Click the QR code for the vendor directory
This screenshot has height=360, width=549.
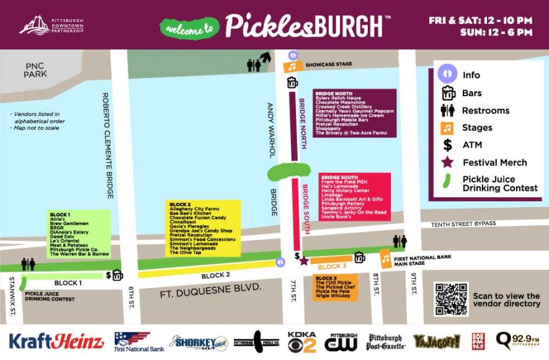pyautogui.click(x=451, y=299)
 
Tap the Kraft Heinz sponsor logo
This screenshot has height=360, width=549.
pyautogui.click(x=56, y=341)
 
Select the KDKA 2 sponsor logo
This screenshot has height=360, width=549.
pyautogui.click(x=302, y=342)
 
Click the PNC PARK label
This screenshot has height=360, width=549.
pyautogui.click(x=35, y=70)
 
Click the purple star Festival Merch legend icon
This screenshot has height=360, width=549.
pyautogui.click(x=447, y=163)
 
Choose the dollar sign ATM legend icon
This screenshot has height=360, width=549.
pyautogui.click(x=447, y=145)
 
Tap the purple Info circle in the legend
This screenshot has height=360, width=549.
pyautogui.click(x=447, y=75)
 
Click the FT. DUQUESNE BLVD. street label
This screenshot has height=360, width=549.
pyautogui.click(x=210, y=287)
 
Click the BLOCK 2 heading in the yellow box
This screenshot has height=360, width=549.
pyautogui.click(x=180, y=204)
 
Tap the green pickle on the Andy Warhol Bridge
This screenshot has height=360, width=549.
pyautogui.click(x=288, y=172)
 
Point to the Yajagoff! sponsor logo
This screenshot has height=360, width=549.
pyautogui.click(x=437, y=341)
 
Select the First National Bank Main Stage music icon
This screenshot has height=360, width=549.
pyautogui.click(x=386, y=258)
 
